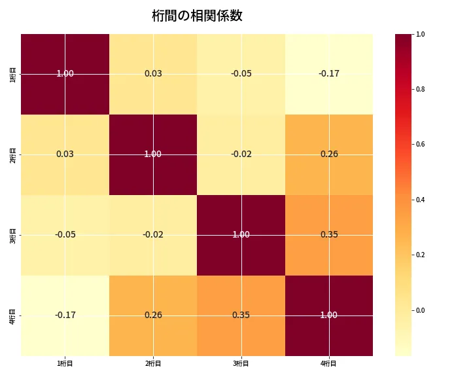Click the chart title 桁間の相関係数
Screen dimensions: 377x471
click(197, 16)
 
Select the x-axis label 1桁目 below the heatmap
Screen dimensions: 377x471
click(65, 364)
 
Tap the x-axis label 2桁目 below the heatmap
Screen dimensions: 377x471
click(153, 364)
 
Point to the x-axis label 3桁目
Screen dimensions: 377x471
click(241, 364)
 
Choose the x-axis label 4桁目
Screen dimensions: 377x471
click(329, 364)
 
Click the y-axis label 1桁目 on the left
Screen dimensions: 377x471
click(13, 74)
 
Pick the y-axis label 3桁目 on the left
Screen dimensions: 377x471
click(13, 235)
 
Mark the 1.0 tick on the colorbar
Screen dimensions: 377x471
click(420, 34)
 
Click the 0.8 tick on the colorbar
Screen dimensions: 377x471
click(420, 89)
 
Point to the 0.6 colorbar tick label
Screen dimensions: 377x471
click(420, 144)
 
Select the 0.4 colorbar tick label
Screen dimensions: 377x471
click(420, 200)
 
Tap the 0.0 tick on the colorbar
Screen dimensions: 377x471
click(420, 310)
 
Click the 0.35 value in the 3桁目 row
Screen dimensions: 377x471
click(329, 234)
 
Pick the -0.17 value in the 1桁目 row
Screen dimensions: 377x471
click(329, 73)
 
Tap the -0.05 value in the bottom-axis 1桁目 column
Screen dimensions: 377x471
click(65, 234)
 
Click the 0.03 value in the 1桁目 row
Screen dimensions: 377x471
click(153, 73)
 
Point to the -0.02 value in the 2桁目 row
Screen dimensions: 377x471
click(241, 154)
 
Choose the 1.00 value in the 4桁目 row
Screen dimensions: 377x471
click(329, 315)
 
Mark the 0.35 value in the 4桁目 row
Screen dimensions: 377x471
click(241, 315)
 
